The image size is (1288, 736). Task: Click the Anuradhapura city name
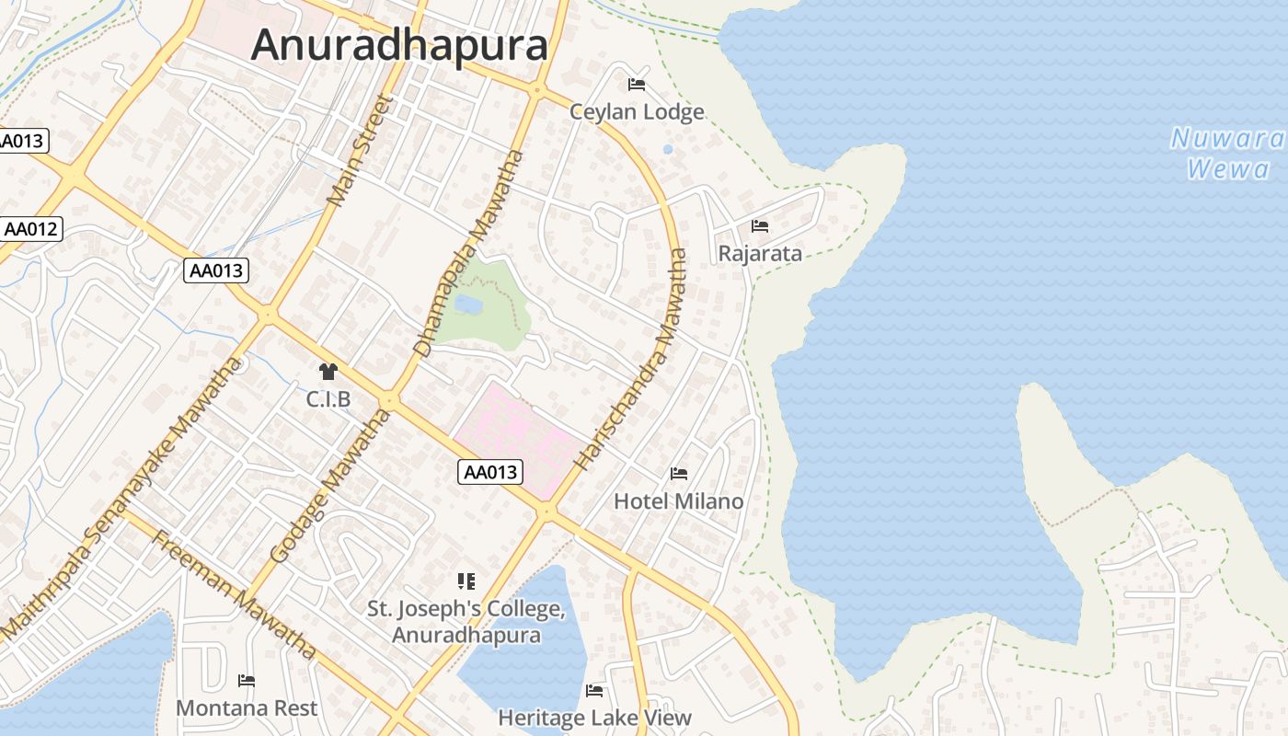399,44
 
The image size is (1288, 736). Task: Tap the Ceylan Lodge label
637,112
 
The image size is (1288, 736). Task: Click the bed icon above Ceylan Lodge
636,85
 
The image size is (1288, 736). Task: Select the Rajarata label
760,254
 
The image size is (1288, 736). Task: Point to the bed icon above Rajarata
760,225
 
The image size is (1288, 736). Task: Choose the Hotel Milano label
678,501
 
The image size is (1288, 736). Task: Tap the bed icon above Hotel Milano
679,474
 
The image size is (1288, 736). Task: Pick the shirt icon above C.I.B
328,372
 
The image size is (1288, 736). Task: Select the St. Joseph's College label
466,622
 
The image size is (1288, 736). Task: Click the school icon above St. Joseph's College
466,581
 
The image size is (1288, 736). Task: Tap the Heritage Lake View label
594,718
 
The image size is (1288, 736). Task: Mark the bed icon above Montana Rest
247,681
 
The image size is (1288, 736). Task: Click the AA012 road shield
31,229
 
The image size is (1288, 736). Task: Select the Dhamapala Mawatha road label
469,253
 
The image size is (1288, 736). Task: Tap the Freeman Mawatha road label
234,594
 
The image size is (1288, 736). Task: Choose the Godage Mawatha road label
331,488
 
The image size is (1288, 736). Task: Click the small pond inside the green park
468,304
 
